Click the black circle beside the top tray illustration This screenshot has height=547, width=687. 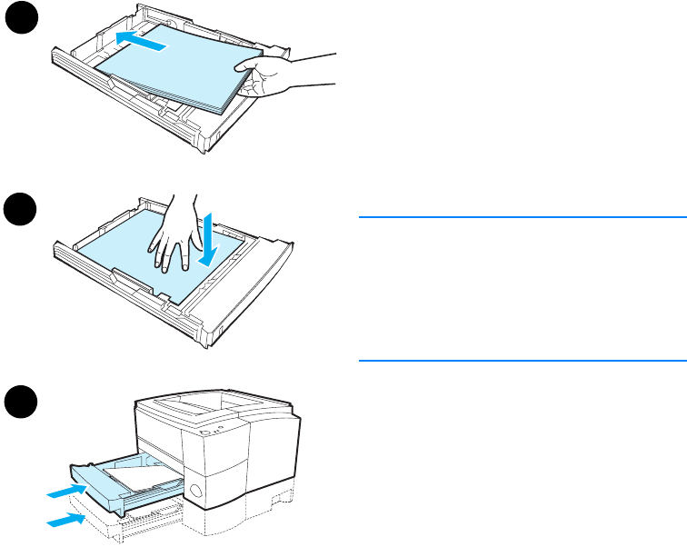click(x=18, y=19)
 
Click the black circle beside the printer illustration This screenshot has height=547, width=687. click(x=18, y=401)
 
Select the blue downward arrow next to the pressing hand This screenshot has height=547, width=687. click(x=208, y=240)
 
